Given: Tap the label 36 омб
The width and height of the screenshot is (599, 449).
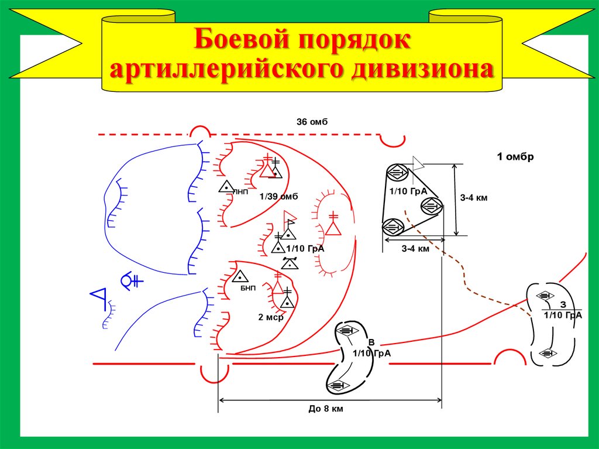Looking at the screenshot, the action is coord(312,122).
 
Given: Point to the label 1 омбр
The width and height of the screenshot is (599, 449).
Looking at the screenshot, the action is coord(515,157).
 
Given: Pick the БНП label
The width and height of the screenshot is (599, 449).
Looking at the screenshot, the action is coord(248,288).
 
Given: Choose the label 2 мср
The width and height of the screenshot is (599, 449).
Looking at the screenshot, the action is coord(271,317).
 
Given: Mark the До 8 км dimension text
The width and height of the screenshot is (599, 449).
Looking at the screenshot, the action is coord(326,409).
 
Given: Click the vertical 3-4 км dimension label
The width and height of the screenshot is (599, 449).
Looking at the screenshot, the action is coord(473,198).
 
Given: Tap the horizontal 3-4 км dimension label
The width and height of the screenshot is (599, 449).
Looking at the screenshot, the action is coord(415,249).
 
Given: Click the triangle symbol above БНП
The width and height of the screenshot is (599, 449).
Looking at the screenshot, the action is coord(240,275).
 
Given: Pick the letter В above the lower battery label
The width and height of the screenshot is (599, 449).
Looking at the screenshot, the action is coord(371,342).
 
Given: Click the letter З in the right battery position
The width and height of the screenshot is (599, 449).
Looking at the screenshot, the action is coord(563,304).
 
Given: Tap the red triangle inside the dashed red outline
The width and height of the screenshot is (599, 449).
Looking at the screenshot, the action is coord(333,227).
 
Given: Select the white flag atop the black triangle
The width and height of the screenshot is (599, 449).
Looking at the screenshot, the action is coord(418,162).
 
